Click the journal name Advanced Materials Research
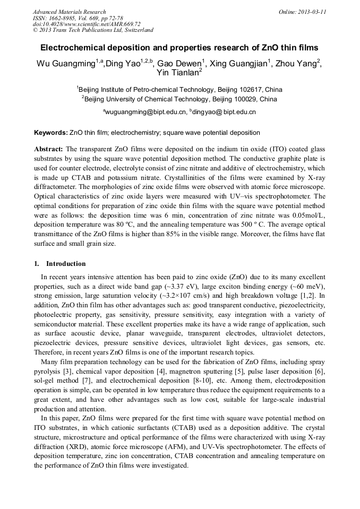[x=69, y=12]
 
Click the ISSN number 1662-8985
[x=61, y=18]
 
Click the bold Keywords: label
[x=51, y=132]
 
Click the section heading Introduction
[x=65, y=264]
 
